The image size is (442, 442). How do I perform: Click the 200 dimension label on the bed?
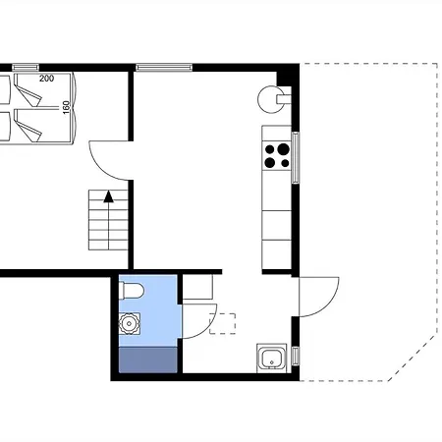(x=46, y=79)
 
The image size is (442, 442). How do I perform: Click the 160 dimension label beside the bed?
(x=66, y=107)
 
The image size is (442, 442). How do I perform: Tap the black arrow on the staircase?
(x=108, y=196)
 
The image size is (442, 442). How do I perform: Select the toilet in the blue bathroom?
(x=132, y=291)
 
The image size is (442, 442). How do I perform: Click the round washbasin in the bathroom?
(x=129, y=323)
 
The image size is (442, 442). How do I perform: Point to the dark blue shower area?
(x=148, y=360)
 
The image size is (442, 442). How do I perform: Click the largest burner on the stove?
(x=283, y=149)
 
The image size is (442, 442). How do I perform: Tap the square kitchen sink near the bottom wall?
(x=272, y=358)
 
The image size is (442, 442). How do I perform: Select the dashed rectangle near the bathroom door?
(x=222, y=323)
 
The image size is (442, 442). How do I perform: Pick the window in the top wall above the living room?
(x=164, y=68)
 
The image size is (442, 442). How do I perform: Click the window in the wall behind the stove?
(x=296, y=157)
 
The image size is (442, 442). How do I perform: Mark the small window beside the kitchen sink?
(x=296, y=357)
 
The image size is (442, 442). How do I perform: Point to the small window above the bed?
(x=26, y=68)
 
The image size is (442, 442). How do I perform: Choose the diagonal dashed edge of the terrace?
(x=413, y=358)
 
